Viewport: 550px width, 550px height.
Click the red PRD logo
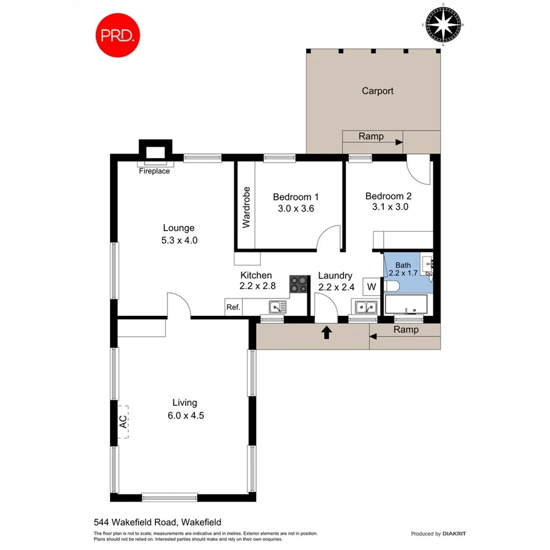pyautogui.click(x=118, y=35)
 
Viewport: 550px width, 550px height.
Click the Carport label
pyautogui.click(x=377, y=91)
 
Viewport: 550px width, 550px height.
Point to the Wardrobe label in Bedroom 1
pyautogui.click(x=246, y=207)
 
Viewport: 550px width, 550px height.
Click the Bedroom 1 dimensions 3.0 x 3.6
pyautogui.click(x=296, y=208)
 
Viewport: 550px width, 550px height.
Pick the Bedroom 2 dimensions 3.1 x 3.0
pyautogui.click(x=389, y=207)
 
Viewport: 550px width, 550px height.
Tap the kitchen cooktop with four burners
pyautogui.click(x=298, y=284)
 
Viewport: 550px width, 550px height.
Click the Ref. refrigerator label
pyautogui.click(x=233, y=307)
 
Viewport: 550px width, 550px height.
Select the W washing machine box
pyautogui.click(x=371, y=286)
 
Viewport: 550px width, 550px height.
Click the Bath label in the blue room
pyautogui.click(x=403, y=265)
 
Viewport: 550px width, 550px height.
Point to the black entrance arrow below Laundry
pyautogui.click(x=327, y=332)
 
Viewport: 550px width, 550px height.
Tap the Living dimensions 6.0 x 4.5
pyautogui.click(x=185, y=416)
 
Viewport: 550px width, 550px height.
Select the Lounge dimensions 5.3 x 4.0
pyautogui.click(x=179, y=240)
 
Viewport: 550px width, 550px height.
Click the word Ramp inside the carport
pyautogui.click(x=371, y=136)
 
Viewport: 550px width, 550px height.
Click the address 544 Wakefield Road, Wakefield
pyautogui.click(x=157, y=522)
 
